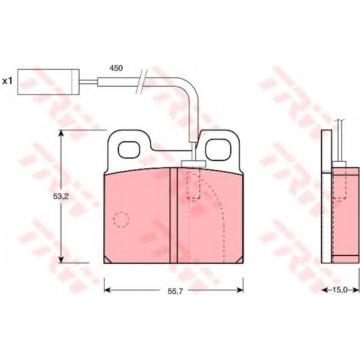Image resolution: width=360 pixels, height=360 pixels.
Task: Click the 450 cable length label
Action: click(x=116, y=68)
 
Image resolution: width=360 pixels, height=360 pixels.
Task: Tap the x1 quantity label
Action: click(x=7, y=81)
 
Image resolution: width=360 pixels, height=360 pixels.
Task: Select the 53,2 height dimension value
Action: click(x=61, y=196)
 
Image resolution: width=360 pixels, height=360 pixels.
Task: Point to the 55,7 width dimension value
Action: click(x=175, y=291)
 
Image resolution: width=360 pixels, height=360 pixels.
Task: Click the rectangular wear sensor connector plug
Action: click(x=48, y=82)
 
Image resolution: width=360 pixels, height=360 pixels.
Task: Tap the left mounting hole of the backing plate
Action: click(x=129, y=150)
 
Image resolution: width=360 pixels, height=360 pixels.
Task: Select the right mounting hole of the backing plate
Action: click(x=218, y=150)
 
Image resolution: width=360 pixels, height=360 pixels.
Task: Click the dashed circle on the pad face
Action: click(x=121, y=220)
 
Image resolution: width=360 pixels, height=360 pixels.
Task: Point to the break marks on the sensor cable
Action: click(x=141, y=81)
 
